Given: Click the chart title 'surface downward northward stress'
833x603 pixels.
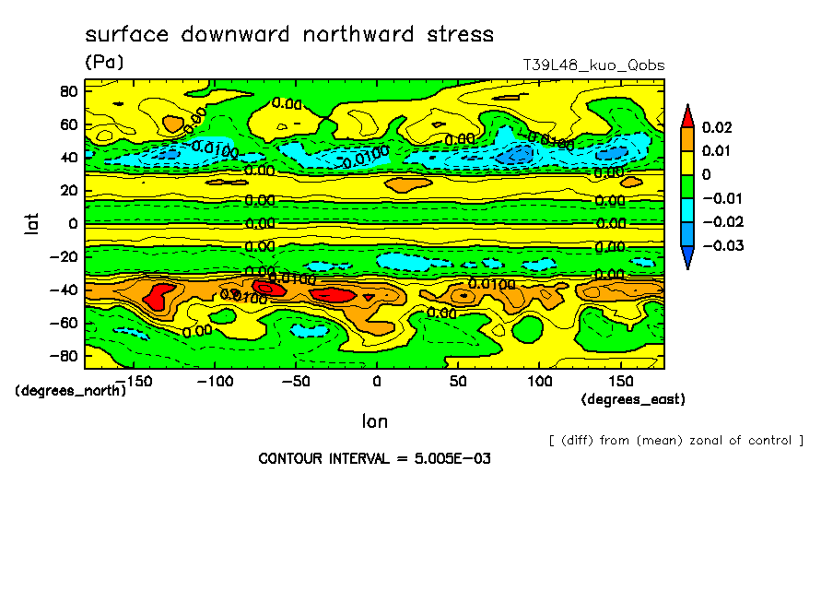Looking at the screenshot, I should (x=289, y=35).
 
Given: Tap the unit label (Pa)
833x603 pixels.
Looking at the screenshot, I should (x=103, y=63).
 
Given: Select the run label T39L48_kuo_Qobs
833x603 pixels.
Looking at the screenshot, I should (x=592, y=65).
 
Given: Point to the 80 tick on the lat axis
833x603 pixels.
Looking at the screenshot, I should (x=68, y=90).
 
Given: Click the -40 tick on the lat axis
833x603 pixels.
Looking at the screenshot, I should (x=64, y=290).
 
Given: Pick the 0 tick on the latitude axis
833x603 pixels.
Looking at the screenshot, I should (x=72, y=223).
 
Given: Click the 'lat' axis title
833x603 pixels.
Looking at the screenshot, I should (x=31, y=221).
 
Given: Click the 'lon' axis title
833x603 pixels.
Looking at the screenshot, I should (x=375, y=421).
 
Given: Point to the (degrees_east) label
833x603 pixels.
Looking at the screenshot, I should (x=633, y=399).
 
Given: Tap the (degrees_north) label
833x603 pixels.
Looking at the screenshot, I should (x=71, y=390).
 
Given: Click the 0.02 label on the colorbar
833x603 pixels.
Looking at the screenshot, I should (x=716, y=126).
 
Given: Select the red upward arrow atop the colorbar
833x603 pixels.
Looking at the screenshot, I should (x=686, y=114).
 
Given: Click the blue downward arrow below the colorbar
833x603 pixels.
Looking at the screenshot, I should (x=686, y=257).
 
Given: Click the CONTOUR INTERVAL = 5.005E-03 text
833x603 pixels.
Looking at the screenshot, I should (x=374, y=458).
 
